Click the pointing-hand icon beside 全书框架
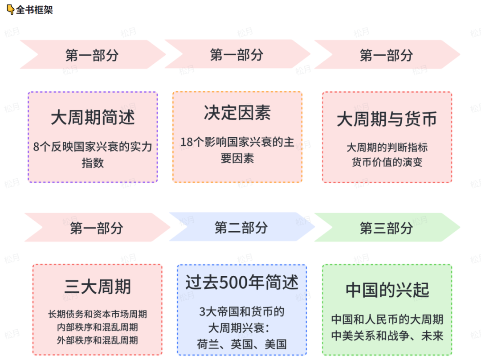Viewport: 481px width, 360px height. point(10,9)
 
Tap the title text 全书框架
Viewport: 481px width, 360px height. point(34,9)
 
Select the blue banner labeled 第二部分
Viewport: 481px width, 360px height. point(241,228)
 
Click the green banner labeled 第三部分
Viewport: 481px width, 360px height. point(386,228)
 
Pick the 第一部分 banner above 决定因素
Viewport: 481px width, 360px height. point(236,55)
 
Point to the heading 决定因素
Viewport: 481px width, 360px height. point(237,113)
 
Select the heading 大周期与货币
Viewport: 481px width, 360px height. point(387,119)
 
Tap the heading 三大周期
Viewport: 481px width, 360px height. point(97,287)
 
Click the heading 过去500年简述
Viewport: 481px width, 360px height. point(242,283)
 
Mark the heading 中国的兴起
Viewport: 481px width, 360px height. point(387,290)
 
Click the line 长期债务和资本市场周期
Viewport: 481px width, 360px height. point(98,314)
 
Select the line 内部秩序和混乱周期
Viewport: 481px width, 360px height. point(98,327)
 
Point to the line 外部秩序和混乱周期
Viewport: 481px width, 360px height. point(98,340)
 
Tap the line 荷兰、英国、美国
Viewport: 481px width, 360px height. point(242,344)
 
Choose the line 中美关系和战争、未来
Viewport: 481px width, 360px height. point(387,335)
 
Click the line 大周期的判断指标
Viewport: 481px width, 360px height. point(387,147)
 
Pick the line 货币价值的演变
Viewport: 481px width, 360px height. point(387,162)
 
